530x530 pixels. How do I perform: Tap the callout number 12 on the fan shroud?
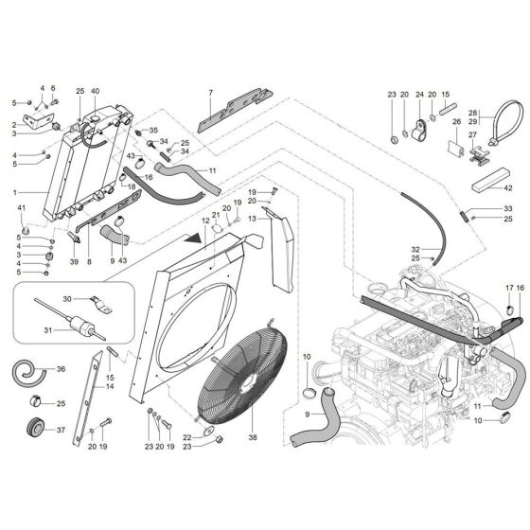pyautogui.click(x=203, y=221)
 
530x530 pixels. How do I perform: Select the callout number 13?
pyautogui.click(x=253, y=219)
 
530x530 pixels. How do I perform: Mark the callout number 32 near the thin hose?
pyautogui.click(x=415, y=250)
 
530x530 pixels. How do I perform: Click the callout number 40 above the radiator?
pyautogui.click(x=94, y=91)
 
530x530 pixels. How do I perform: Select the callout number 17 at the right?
pyautogui.click(x=508, y=288)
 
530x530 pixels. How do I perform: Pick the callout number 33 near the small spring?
pyautogui.click(x=507, y=208)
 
